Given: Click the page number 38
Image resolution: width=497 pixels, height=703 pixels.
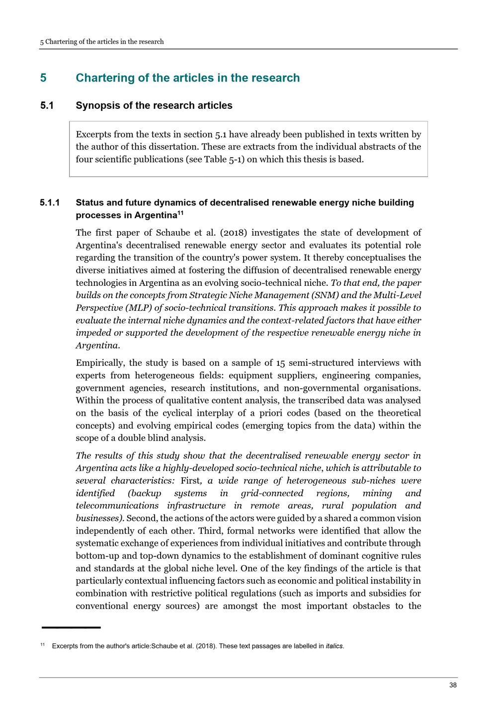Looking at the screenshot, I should pos(453,685).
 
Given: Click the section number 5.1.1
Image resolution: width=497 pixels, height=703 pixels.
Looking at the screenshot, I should pos(50,203).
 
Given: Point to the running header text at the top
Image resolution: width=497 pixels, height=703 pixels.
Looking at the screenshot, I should pos(102,42).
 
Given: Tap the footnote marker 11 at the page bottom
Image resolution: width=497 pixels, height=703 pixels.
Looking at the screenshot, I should pos(42,645).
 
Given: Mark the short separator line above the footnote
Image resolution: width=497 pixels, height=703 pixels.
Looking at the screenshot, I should pos(71,628).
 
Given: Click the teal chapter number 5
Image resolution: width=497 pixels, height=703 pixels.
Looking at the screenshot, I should pos(43,78).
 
